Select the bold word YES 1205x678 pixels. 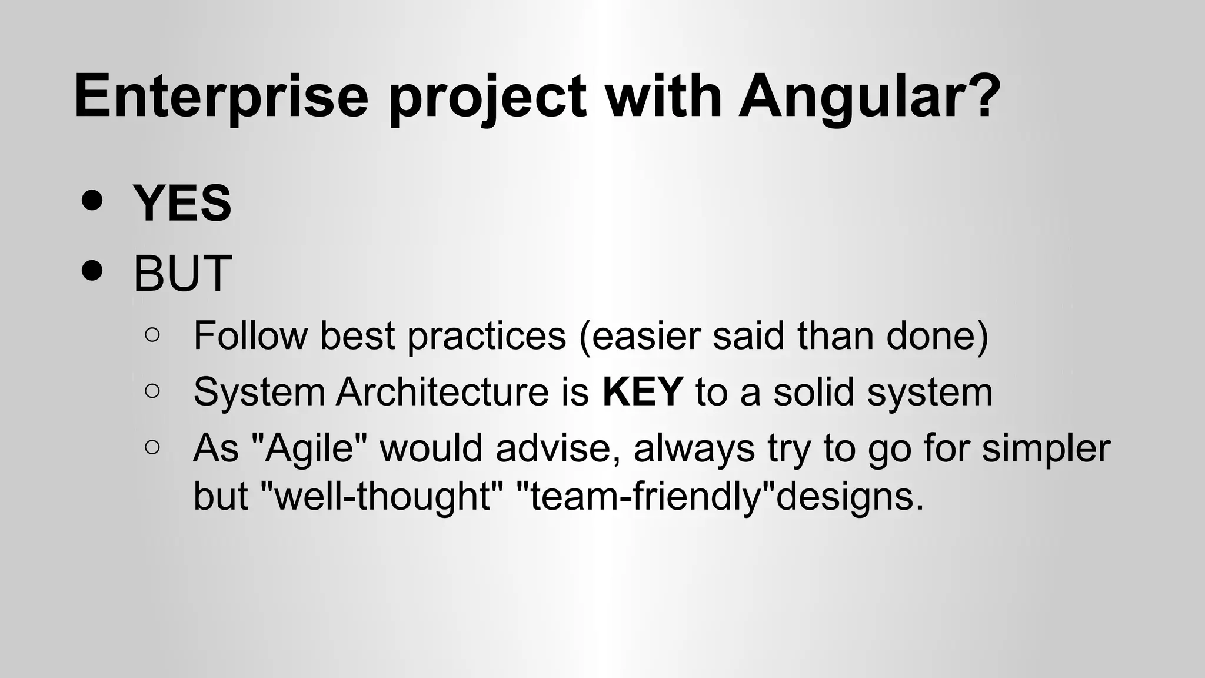tap(182, 203)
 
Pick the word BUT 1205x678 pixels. tap(182, 274)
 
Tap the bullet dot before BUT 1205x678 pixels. tap(92, 271)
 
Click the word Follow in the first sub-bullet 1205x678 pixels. tap(250, 335)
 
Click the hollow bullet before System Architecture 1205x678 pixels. tap(152, 391)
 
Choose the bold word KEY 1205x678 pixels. tap(643, 392)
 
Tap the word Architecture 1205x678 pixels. tap(442, 392)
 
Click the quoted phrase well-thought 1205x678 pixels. tap(382, 496)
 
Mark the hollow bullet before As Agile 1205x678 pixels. tap(152, 447)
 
